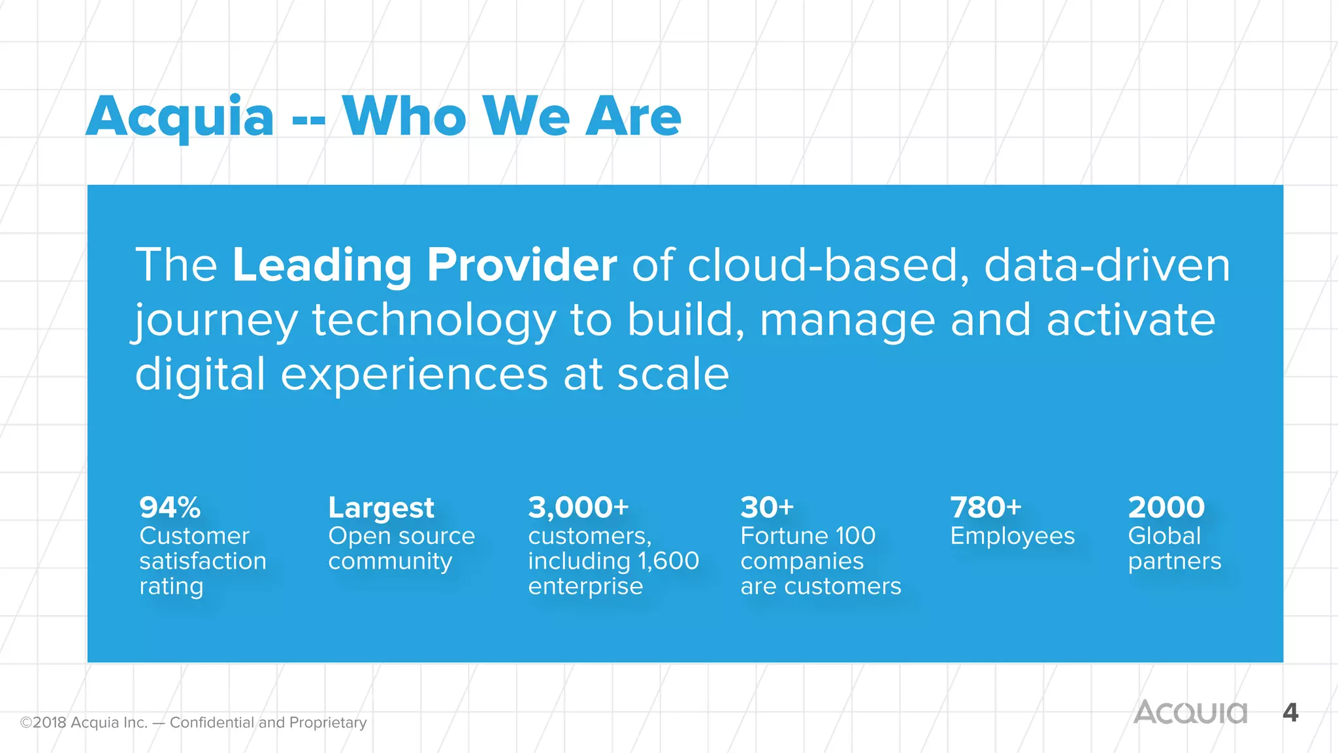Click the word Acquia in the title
pyautogui.click(x=180, y=118)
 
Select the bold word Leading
pyautogui.click(x=321, y=265)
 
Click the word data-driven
pyautogui.click(x=1107, y=265)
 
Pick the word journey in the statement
pyautogui.click(x=216, y=322)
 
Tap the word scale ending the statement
pyautogui.click(x=673, y=375)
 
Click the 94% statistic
pyautogui.click(x=170, y=507)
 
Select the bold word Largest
pyautogui.click(x=381, y=508)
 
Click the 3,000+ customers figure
pyautogui.click(x=578, y=507)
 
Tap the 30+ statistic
pyautogui.click(x=767, y=507)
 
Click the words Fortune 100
pyautogui.click(x=808, y=536)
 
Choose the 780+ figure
pyautogui.click(x=985, y=507)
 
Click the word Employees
pyautogui.click(x=1012, y=536)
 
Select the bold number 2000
pyautogui.click(x=1166, y=507)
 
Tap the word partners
pyautogui.click(x=1174, y=561)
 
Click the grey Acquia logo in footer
pyautogui.click(x=1190, y=712)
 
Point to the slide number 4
pyautogui.click(x=1290, y=712)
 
